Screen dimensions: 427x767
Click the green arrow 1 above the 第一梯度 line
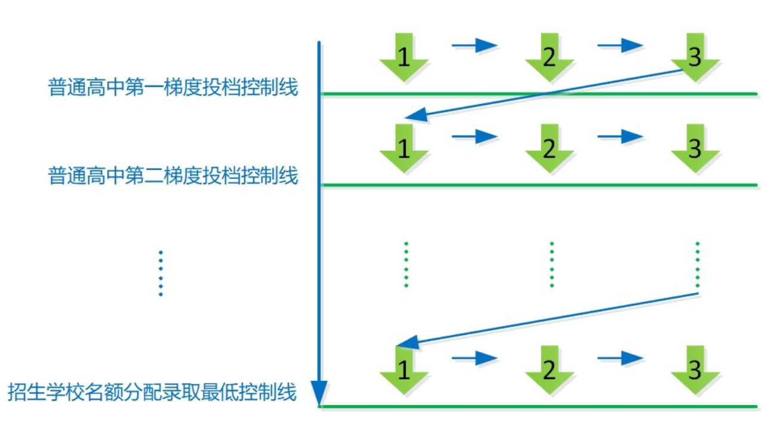coord(404,57)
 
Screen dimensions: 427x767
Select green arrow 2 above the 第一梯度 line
coord(550,57)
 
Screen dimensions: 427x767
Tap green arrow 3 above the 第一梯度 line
coord(695,57)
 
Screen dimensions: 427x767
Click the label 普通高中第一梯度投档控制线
coord(173,88)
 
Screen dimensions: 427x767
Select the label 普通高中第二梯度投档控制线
coord(173,176)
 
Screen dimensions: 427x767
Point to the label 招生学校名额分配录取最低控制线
coord(152,392)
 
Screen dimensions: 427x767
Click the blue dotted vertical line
coord(160,273)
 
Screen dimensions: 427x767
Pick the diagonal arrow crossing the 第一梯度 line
coord(544,94)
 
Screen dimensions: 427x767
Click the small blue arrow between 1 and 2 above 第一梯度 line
coord(474,45)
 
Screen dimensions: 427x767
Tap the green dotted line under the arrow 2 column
coord(551,264)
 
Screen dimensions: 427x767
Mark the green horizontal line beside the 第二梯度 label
coord(538,185)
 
